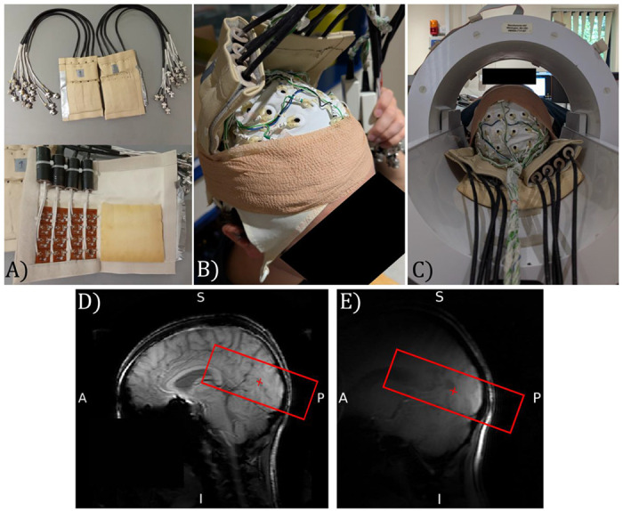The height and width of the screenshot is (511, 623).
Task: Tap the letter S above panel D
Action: [x=201, y=298]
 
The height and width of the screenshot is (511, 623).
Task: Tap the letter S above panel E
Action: [x=439, y=298]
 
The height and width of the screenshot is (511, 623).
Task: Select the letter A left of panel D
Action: [x=82, y=399]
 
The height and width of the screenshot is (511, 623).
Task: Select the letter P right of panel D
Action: [x=320, y=397]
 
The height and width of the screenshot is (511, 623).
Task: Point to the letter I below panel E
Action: [x=439, y=498]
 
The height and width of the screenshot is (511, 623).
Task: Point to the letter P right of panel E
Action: [x=537, y=397]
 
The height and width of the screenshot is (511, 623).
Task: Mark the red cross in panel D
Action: [x=259, y=381]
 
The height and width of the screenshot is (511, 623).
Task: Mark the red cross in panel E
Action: [x=453, y=391]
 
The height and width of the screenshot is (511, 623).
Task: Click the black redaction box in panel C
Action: [x=506, y=76]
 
